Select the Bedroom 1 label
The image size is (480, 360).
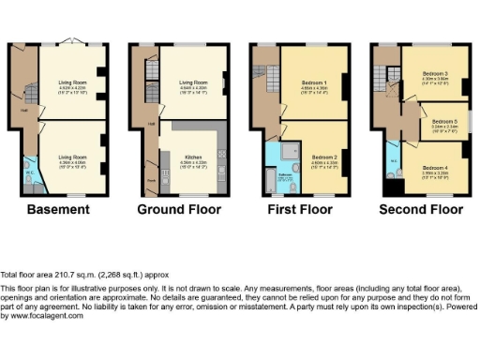click(312, 85)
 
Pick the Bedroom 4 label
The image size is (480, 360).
click(434, 168)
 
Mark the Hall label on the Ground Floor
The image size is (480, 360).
click(151, 123)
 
